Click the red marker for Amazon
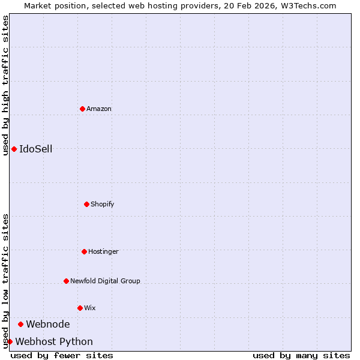[x=82, y=109]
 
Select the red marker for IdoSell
[x=14, y=149]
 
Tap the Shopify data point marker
[x=86, y=204]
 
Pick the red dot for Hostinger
[x=84, y=251]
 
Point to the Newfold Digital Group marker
[x=66, y=281]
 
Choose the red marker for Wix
[x=80, y=308]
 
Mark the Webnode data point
[x=20, y=324]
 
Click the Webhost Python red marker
[x=10, y=341]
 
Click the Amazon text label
[x=99, y=109]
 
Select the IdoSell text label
[x=36, y=149]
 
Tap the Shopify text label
[x=103, y=205]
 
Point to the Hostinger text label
[x=103, y=252]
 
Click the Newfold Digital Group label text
[x=105, y=281]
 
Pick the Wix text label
[x=90, y=308]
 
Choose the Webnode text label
[x=48, y=325]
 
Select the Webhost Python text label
[x=54, y=342]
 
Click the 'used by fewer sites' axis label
[x=62, y=356]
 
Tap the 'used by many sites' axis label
[x=301, y=356]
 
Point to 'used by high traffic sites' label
[x=5, y=85]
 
